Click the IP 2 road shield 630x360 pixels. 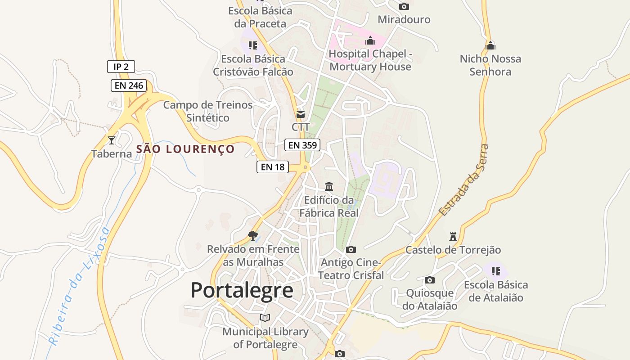point(121,67)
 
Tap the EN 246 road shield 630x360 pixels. point(129,85)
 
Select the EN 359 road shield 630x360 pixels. point(302,145)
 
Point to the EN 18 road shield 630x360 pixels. point(273,167)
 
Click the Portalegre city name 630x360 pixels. point(242,290)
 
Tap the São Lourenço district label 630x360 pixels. point(185,149)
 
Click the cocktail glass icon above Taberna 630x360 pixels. point(111,140)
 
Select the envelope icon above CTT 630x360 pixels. point(300,114)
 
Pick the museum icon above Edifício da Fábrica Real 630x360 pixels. point(329,186)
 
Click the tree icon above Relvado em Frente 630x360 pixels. point(253,235)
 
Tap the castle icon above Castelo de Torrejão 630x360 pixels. point(453,237)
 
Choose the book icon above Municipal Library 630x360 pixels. point(265,318)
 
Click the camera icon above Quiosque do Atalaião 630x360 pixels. point(430,280)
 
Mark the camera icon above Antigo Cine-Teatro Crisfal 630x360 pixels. point(351,249)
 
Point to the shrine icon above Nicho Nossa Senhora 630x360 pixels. point(490,45)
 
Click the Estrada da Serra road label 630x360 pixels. point(463,180)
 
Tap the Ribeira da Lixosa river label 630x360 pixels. point(80,287)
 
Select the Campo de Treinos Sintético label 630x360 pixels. point(208,111)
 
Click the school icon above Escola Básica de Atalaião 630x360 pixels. point(496,271)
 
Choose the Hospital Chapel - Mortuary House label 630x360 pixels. point(370,60)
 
